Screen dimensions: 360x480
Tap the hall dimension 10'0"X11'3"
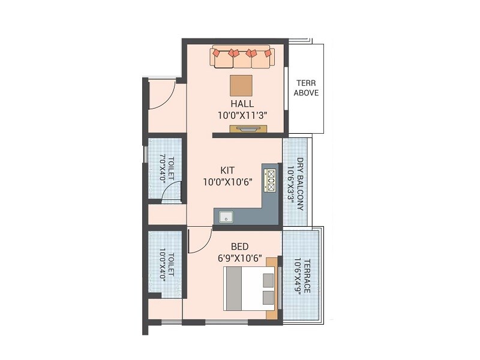(242, 115)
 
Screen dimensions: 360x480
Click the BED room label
(241, 247)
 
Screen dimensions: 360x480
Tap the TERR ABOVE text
(305, 88)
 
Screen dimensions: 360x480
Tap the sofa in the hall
(242, 58)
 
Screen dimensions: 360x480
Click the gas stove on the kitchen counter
(271, 179)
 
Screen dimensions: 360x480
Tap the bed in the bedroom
(249, 289)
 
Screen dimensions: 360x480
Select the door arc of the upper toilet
(172, 190)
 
